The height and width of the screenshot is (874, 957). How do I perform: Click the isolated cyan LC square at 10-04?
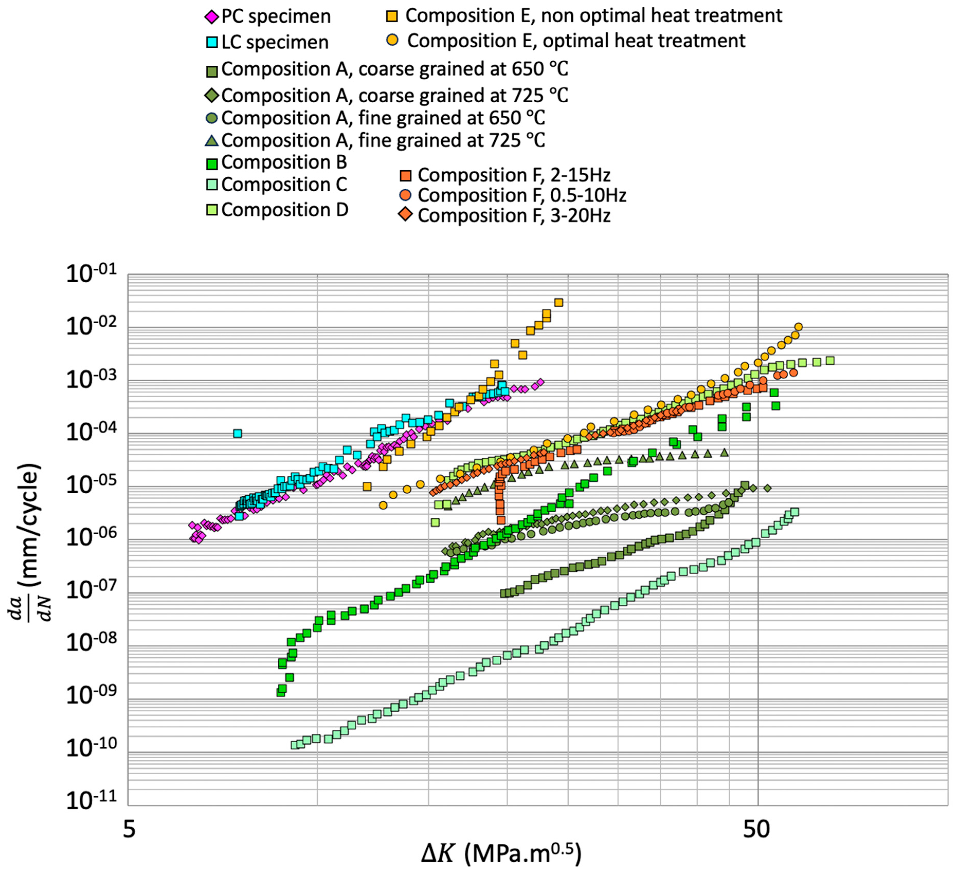click(238, 433)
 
